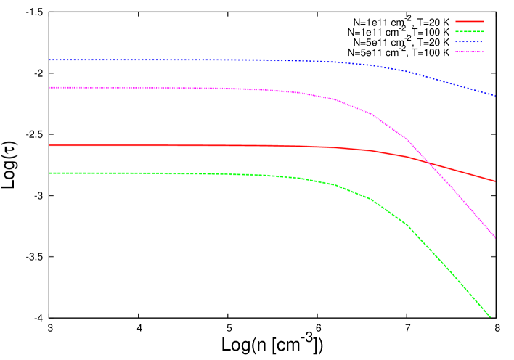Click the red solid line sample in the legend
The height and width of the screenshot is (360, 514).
469,21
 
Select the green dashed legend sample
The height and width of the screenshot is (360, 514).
469,31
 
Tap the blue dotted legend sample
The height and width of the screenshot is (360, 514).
469,41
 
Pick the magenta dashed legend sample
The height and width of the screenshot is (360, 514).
469,52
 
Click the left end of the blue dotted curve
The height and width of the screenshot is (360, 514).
50,60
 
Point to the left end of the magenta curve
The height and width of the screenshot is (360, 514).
50,87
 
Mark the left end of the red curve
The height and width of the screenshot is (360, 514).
50,145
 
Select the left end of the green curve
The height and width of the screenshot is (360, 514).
50,173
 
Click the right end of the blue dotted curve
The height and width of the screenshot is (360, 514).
494,95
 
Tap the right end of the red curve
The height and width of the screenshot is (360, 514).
494,181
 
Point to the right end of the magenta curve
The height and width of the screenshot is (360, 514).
494,237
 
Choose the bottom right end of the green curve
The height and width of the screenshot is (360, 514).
491,316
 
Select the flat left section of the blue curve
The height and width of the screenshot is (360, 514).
145,60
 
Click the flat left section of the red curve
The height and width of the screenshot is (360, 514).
145,145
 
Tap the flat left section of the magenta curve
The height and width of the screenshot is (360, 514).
145,88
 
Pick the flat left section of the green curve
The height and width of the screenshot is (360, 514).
145,173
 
